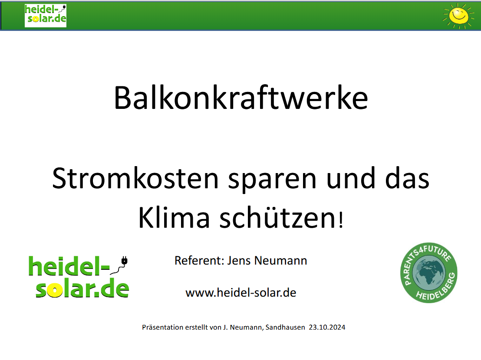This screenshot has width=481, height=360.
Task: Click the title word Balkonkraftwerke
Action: point(241,98)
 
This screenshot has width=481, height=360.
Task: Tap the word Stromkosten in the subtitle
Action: point(135,179)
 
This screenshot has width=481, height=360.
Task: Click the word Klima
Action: point(174,218)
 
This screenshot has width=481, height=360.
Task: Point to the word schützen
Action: point(278,218)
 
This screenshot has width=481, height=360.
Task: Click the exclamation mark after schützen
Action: point(340,220)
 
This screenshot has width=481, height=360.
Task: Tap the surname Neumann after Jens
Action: point(281,260)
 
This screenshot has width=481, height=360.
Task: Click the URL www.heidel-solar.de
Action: point(241,293)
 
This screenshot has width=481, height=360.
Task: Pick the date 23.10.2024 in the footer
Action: point(327,327)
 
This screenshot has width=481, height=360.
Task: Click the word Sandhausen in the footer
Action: point(285,327)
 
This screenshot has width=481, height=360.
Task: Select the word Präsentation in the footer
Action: point(162,327)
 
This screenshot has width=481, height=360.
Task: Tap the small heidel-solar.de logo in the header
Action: point(46,16)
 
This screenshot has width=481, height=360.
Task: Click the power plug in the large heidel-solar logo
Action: point(124,261)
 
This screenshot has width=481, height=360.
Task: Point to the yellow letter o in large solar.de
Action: point(55,290)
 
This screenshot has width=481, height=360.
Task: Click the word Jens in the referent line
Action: point(239,260)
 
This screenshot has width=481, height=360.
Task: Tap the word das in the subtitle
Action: point(407,179)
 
